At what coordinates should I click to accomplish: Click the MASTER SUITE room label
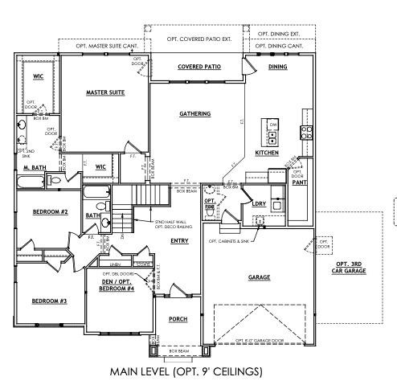coord(106,93)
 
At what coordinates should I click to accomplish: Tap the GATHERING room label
coord(195,114)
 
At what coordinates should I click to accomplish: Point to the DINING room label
coord(278,67)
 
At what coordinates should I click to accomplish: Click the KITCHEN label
coord(266,153)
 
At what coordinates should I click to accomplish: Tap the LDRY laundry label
coord(259,203)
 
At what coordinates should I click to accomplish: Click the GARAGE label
coord(259,277)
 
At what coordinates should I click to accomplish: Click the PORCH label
coord(178,319)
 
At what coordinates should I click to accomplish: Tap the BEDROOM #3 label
coord(48,301)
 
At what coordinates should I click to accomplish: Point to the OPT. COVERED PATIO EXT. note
coord(199,39)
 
